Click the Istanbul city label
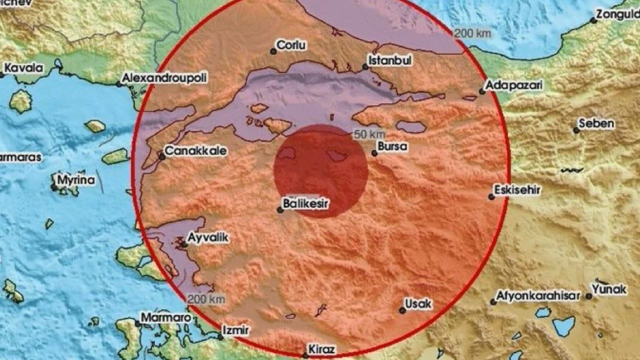click(x=390, y=60)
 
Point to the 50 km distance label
click(x=369, y=134)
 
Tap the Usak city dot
click(x=402, y=310)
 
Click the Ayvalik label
click(x=208, y=238)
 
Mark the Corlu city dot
click(x=273, y=51)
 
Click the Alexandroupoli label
click(x=164, y=78)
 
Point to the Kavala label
click(x=23, y=68)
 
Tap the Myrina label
click(x=76, y=180)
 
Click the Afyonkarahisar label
click(x=538, y=295)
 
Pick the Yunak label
click(x=609, y=289)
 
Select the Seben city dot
click(x=576, y=130)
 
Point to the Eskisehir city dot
click(x=491, y=197)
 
